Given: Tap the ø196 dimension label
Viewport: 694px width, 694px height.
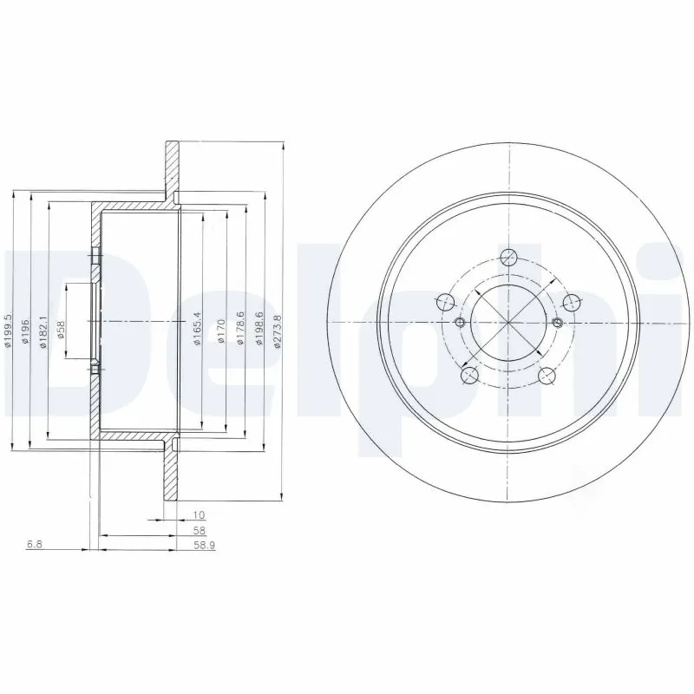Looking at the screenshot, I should [x=25, y=331].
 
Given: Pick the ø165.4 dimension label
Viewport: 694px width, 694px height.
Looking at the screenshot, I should [x=197, y=329].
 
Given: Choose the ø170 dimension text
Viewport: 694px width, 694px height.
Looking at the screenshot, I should [x=221, y=331].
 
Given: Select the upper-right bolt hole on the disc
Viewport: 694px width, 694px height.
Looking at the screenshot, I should [x=571, y=302].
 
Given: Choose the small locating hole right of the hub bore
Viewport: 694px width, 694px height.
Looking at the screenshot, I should [x=559, y=323].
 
